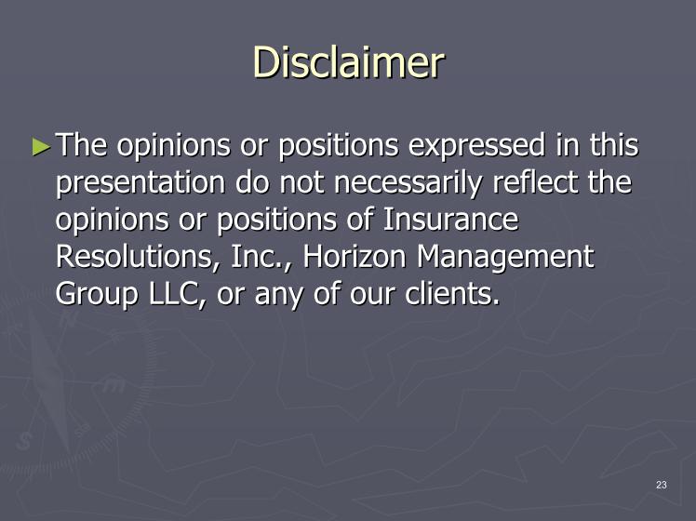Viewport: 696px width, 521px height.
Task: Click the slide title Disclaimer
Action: (x=348, y=62)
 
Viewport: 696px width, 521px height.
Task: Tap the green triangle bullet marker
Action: (x=42, y=146)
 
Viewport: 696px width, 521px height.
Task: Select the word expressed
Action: (x=476, y=146)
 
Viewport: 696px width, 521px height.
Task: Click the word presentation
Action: (x=141, y=183)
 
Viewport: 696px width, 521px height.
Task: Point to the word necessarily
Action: (x=408, y=183)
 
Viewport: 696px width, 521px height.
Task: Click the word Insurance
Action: (x=450, y=220)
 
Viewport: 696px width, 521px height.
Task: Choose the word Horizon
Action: (x=355, y=257)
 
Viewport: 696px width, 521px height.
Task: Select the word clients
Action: (x=452, y=294)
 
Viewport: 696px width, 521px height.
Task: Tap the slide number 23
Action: (x=662, y=485)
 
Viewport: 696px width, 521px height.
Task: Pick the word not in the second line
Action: (x=301, y=183)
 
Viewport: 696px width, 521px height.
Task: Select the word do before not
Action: (x=251, y=182)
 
